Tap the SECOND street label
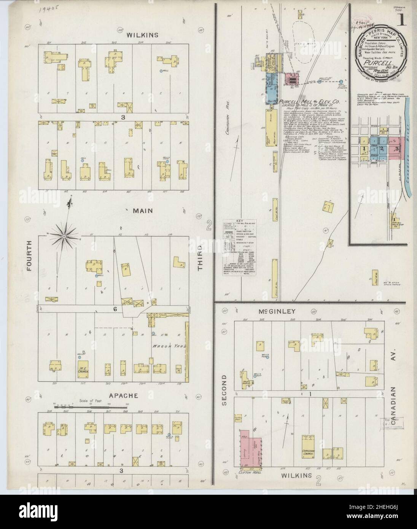[x=224, y=387]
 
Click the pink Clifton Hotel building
[x=251, y=448]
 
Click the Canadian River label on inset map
[x=407, y=152]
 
